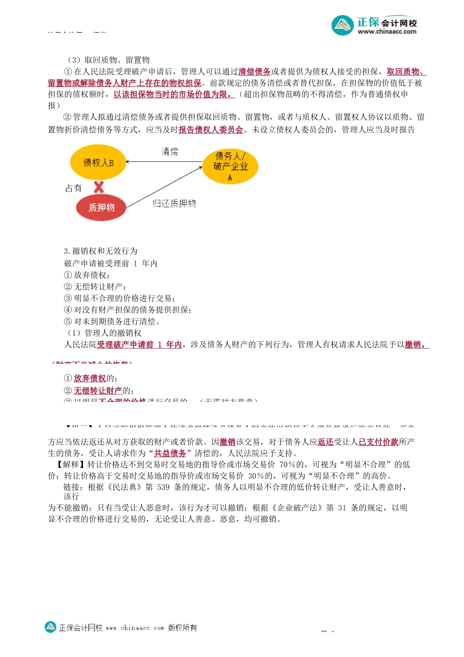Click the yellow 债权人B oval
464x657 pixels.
(98, 162)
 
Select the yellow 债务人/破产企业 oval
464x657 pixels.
(230, 167)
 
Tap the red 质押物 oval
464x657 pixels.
(101, 207)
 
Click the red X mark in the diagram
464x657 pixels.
(99, 187)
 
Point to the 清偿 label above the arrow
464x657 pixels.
(170, 152)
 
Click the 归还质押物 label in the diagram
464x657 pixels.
(174, 203)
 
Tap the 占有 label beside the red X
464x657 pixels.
(74, 188)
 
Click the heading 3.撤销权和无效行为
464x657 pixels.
(101, 251)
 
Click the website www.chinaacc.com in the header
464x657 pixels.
(387, 32)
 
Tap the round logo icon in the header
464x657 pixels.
(342, 25)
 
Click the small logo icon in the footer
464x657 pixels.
(50, 627)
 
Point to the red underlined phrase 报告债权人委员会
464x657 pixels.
(211, 130)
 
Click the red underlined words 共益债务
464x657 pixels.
(170, 453)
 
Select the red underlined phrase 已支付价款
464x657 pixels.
(379, 442)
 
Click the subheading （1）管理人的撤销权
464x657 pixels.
(104, 333)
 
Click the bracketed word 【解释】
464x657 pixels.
(69, 464)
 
